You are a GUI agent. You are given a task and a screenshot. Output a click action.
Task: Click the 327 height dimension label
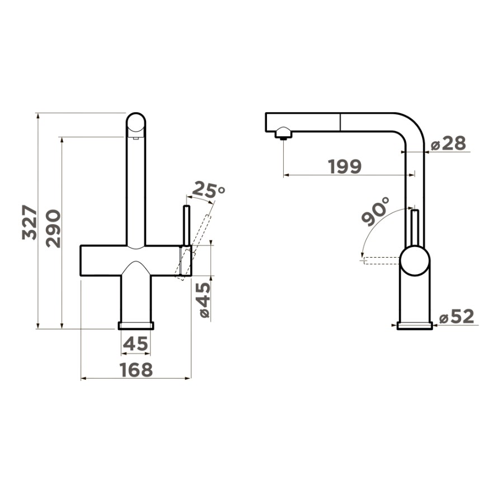[x=30, y=222]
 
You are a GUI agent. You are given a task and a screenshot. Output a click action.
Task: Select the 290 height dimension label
[x=53, y=228]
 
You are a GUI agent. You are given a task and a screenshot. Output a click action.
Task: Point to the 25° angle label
[x=208, y=190]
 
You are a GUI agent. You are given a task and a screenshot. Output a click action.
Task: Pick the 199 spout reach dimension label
[x=345, y=166]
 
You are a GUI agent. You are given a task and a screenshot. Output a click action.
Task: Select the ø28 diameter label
[x=448, y=143]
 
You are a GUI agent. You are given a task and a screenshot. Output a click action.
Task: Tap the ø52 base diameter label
[x=457, y=316]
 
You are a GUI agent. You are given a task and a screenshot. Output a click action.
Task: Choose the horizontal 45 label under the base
[x=135, y=343]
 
